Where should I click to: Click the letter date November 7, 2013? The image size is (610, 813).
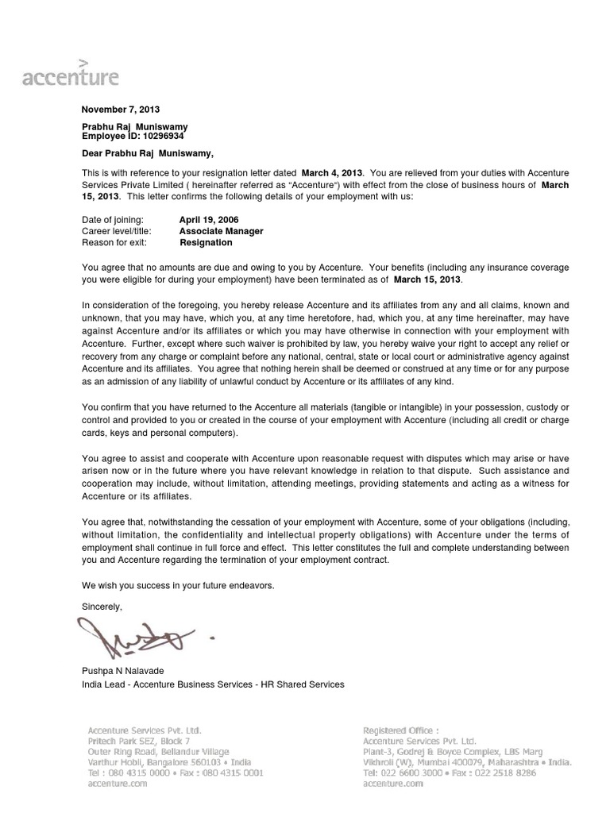(115, 110)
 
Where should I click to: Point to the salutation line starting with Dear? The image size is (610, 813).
(149, 153)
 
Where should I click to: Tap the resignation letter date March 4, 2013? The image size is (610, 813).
(330, 173)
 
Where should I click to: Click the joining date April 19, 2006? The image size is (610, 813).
(209, 219)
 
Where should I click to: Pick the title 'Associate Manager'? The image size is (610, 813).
(222, 231)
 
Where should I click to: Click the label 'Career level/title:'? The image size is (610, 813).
(117, 231)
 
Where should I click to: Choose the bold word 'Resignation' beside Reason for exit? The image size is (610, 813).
(207, 242)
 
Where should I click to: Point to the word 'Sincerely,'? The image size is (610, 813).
(103, 607)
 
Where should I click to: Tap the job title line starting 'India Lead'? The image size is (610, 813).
(214, 684)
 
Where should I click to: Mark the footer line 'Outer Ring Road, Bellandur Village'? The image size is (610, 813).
(158, 751)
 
